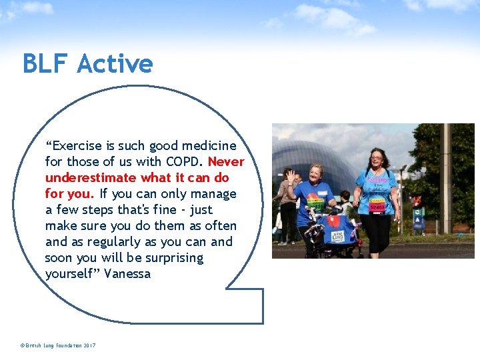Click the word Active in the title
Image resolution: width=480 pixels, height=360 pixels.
point(115,63)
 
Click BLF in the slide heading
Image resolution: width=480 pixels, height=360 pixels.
point(45,63)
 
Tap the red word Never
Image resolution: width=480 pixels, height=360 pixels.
point(226,162)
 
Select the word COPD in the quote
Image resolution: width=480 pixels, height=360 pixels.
point(184,162)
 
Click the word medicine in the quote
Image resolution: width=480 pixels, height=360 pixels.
point(209,146)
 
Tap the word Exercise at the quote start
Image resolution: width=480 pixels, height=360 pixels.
point(73,146)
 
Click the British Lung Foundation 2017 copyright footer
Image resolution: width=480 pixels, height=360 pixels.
point(58,345)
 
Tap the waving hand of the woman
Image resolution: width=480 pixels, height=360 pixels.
point(291,176)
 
